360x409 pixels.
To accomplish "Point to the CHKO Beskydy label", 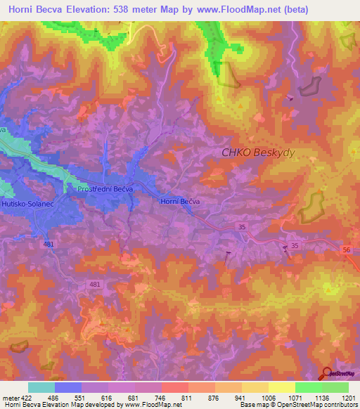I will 255,152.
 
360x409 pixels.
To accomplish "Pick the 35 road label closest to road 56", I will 295,246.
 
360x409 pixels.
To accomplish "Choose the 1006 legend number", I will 268,397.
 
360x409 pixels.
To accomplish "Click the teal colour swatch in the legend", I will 41,387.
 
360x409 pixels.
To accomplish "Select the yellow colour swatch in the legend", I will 282,387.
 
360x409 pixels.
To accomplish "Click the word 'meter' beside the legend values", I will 9,397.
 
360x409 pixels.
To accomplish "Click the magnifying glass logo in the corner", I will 326,372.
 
